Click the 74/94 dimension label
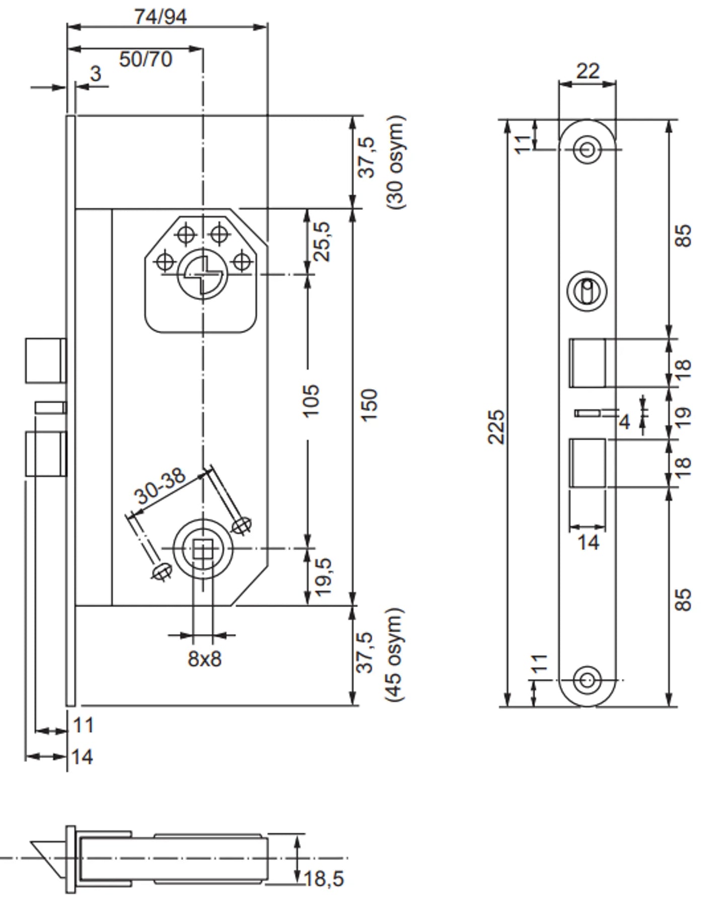tap(161, 17)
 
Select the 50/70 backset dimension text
tap(146, 59)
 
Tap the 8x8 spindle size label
tap(204, 658)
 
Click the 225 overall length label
tap(496, 426)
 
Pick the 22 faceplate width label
tap(588, 71)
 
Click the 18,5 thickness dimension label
tap(324, 879)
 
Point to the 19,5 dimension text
tap(323, 576)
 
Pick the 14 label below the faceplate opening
tap(588, 543)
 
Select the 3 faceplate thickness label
tap(96, 74)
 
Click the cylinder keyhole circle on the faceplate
tap(587, 291)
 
